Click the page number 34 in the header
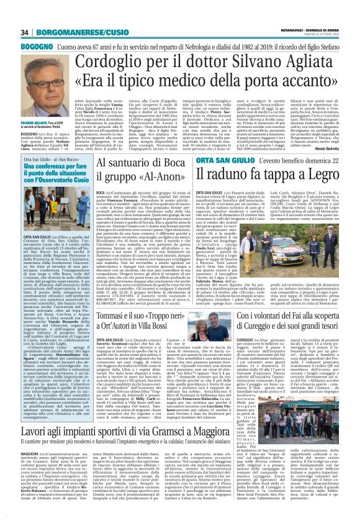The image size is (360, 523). tap(9, 15)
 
